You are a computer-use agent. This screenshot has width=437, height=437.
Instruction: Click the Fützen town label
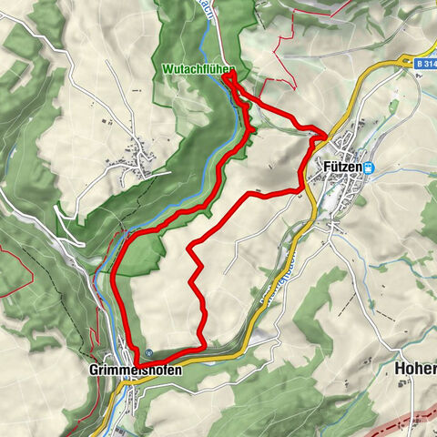pyautogui.click(x=341, y=168)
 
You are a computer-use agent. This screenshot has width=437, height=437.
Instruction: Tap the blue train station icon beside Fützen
pyautogui.click(x=370, y=168)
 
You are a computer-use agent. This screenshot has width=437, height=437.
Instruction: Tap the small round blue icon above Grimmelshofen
pyautogui.click(x=147, y=354)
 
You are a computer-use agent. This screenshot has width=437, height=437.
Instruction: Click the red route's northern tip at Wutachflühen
pyautogui.click(x=225, y=76)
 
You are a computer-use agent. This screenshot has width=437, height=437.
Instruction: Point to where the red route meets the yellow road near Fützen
pyautogui.click(x=321, y=137)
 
